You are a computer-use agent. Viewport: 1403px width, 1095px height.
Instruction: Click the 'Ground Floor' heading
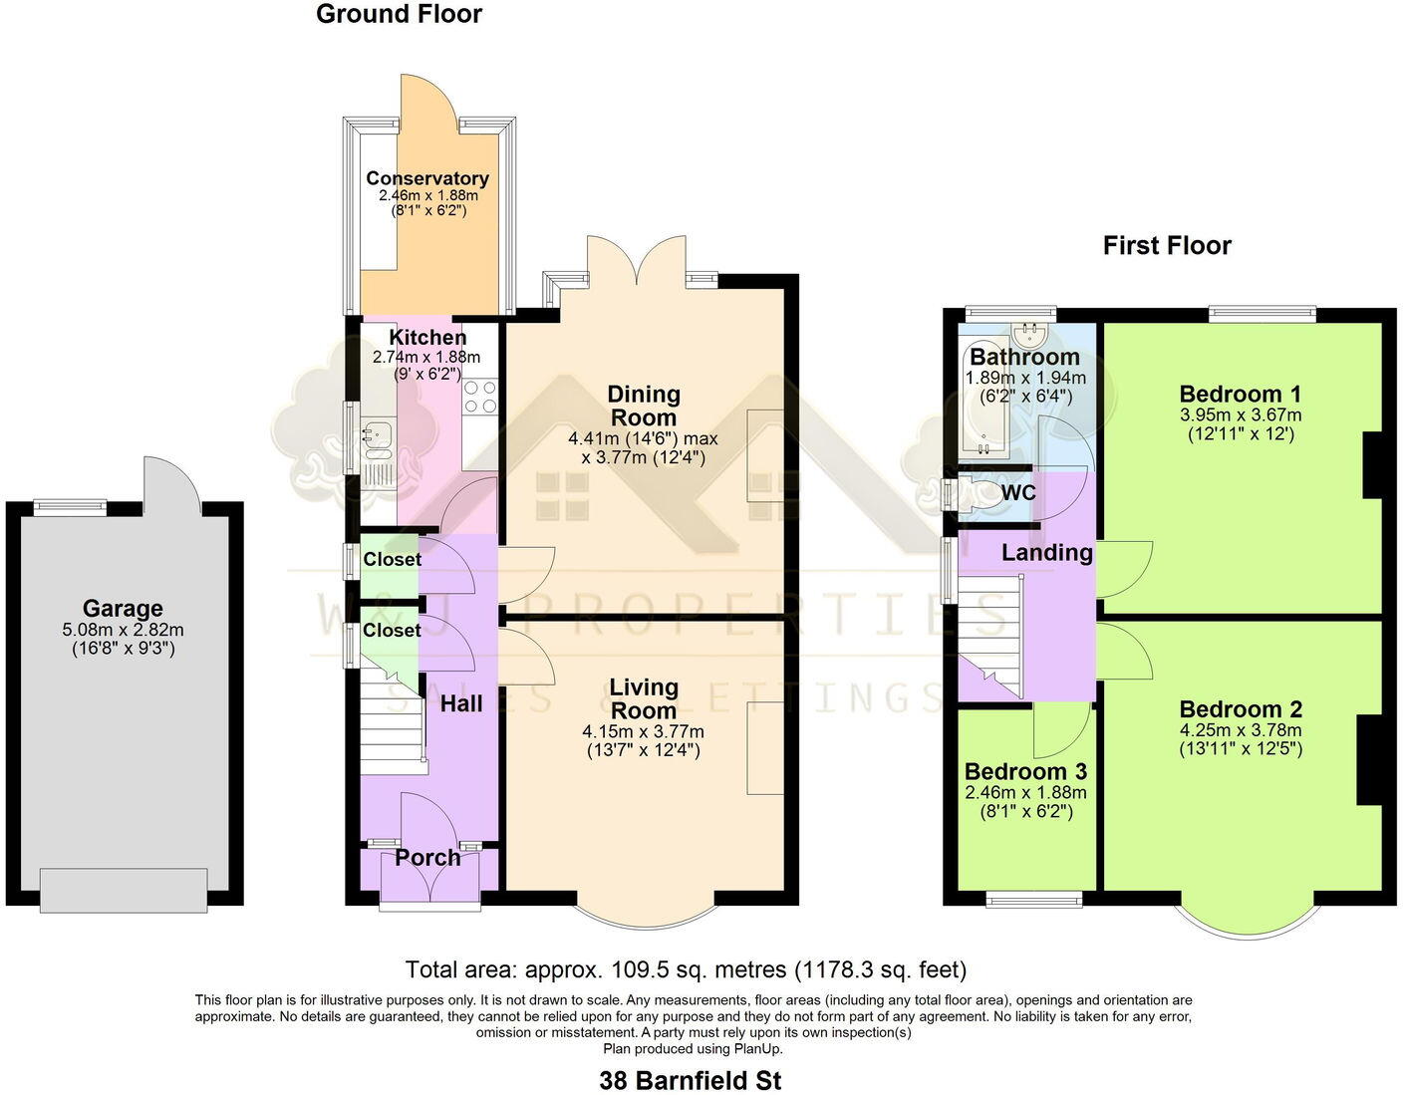click(399, 14)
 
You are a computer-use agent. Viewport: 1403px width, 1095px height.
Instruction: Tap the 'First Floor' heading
click(1167, 246)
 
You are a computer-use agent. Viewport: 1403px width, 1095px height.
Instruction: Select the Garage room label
click(123, 608)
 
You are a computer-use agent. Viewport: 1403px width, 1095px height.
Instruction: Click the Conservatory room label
click(427, 178)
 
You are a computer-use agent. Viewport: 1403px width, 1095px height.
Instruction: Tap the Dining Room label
click(644, 407)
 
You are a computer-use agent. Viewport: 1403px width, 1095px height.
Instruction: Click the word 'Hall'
click(461, 703)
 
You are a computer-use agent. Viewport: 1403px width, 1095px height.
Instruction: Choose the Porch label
click(428, 858)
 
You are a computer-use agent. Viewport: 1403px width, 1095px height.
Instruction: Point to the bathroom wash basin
click(1028, 331)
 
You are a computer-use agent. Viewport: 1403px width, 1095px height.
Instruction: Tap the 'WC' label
click(1018, 493)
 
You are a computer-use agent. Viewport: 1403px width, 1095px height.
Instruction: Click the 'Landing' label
click(1046, 553)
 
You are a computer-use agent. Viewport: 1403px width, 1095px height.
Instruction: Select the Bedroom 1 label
click(1241, 394)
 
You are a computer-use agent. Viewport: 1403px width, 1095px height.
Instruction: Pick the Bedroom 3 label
click(1025, 772)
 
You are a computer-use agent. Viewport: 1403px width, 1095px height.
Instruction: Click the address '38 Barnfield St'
click(691, 1080)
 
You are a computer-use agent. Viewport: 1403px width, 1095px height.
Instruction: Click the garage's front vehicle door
click(125, 889)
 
